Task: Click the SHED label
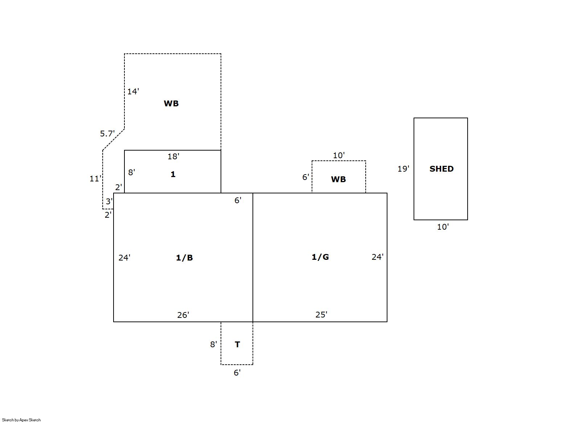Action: tap(441, 169)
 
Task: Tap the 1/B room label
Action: tap(184, 258)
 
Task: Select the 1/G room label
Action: tap(320, 257)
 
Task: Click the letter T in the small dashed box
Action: tap(238, 344)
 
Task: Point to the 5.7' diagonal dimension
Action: tap(107, 134)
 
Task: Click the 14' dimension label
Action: tap(133, 91)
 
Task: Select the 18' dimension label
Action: tap(173, 156)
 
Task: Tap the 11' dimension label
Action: tap(95, 179)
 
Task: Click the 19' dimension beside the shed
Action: tap(403, 169)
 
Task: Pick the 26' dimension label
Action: tap(183, 315)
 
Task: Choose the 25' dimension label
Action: tap(321, 315)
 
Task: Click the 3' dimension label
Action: tap(109, 201)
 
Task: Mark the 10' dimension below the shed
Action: tap(443, 227)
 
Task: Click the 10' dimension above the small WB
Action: tap(338, 155)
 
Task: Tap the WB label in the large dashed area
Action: tap(171, 103)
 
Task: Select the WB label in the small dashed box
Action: tap(338, 179)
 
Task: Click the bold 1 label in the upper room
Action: tap(173, 174)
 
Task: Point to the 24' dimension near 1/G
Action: tap(378, 257)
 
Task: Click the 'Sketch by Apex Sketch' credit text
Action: tap(21, 420)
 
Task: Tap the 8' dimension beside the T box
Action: tap(214, 344)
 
